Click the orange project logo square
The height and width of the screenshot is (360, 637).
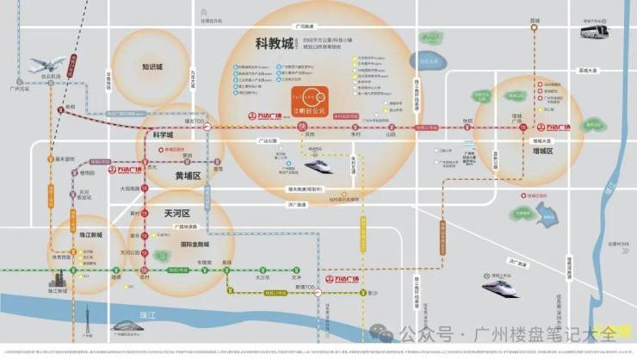(x=308, y=102)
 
